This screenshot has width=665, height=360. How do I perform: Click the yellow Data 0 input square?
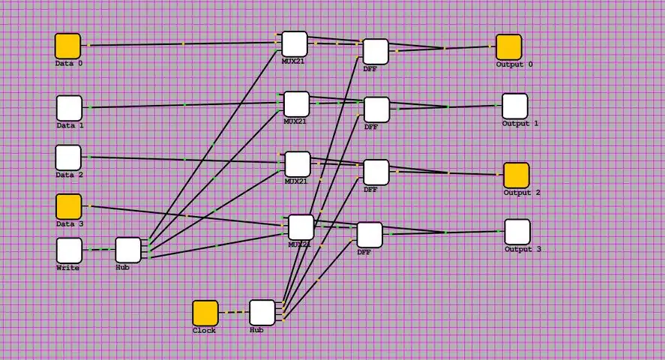(67, 46)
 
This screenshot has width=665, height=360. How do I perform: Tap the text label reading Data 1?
(70, 125)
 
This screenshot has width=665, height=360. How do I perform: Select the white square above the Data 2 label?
(68, 157)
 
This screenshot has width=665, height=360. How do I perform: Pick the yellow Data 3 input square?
(68, 206)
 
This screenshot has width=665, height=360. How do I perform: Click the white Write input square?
(69, 250)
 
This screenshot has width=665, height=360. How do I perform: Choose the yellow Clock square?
(205, 313)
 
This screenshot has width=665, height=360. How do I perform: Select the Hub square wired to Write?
(128, 250)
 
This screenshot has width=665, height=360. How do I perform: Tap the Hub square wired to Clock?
(262, 312)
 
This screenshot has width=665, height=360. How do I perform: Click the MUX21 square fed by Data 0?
(295, 43)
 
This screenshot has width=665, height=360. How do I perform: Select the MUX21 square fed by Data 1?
(296, 103)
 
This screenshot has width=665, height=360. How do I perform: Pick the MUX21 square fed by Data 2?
(297, 163)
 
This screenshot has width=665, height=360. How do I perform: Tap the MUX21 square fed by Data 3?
(301, 226)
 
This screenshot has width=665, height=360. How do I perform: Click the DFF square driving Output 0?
(376, 51)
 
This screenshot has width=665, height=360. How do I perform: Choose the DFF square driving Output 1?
(376, 109)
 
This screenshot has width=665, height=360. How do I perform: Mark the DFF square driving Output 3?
(370, 234)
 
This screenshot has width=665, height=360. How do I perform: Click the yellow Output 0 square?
(508, 46)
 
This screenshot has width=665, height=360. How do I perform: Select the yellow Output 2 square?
(516, 175)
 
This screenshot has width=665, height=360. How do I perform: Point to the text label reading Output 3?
(522, 249)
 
